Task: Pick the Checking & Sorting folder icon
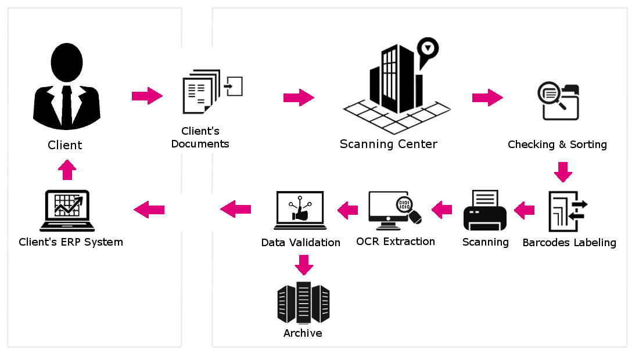coord(559,102)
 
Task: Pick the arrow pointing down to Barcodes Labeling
coord(563,172)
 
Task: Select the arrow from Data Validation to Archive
coord(303,265)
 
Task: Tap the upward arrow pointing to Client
coord(67,169)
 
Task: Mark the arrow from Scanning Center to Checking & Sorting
coord(487,98)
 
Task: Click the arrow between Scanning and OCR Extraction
coord(442,209)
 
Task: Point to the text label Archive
coord(303,333)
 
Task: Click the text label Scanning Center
coord(389,144)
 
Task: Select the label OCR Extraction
coord(396,242)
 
